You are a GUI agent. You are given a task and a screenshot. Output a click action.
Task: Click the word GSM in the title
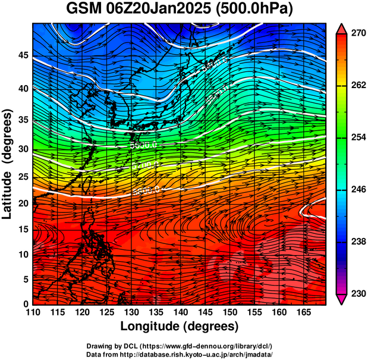[85, 10]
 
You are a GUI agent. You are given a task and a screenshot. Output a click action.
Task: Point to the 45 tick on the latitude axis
[24, 55]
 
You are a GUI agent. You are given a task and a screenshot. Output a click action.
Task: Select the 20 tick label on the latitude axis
[24, 203]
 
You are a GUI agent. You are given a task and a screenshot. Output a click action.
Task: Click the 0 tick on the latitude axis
[27, 304]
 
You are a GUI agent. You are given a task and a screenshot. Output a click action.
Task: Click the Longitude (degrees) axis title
[179, 326]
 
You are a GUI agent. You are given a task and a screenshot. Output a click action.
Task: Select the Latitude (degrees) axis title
[8, 164]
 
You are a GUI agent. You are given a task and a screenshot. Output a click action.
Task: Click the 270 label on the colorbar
[356, 34]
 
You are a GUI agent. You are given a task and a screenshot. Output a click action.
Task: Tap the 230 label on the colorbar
[356, 294]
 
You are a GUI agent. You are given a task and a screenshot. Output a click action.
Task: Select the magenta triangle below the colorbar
[342, 299]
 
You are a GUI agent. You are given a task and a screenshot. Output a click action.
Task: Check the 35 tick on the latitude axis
[24, 119]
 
